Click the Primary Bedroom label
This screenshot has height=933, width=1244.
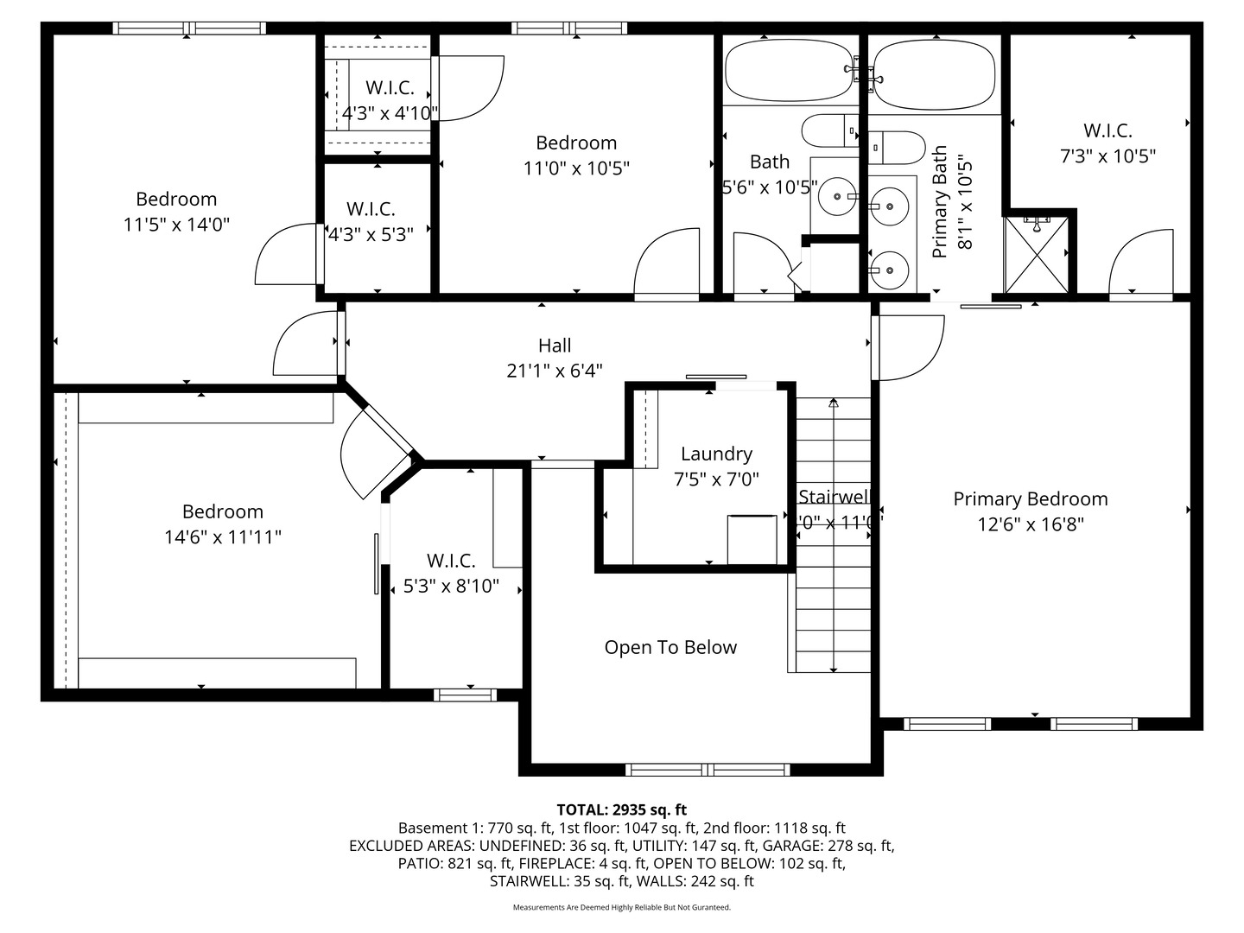pyautogui.click(x=1030, y=498)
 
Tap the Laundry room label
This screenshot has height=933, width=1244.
pyautogui.click(x=716, y=454)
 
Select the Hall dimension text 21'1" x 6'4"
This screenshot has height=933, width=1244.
pyautogui.click(x=554, y=371)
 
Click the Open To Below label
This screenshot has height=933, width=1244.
pyautogui.click(x=670, y=647)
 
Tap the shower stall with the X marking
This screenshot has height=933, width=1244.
pyautogui.click(x=1037, y=255)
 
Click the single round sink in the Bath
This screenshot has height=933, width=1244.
pyautogui.click(x=835, y=197)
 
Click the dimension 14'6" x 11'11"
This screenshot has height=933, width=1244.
pyautogui.click(x=223, y=536)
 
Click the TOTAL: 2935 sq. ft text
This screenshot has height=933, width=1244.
pyautogui.click(x=621, y=809)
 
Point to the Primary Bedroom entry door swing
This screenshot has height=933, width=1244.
pyautogui.click(x=909, y=347)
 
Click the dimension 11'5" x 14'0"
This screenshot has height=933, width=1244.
pyautogui.click(x=176, y=225)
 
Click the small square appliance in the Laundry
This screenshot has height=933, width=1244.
pyautogui.click(x=752, y=539)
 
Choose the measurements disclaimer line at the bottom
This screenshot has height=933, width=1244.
pyautogui.click(x=621, y=907)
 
